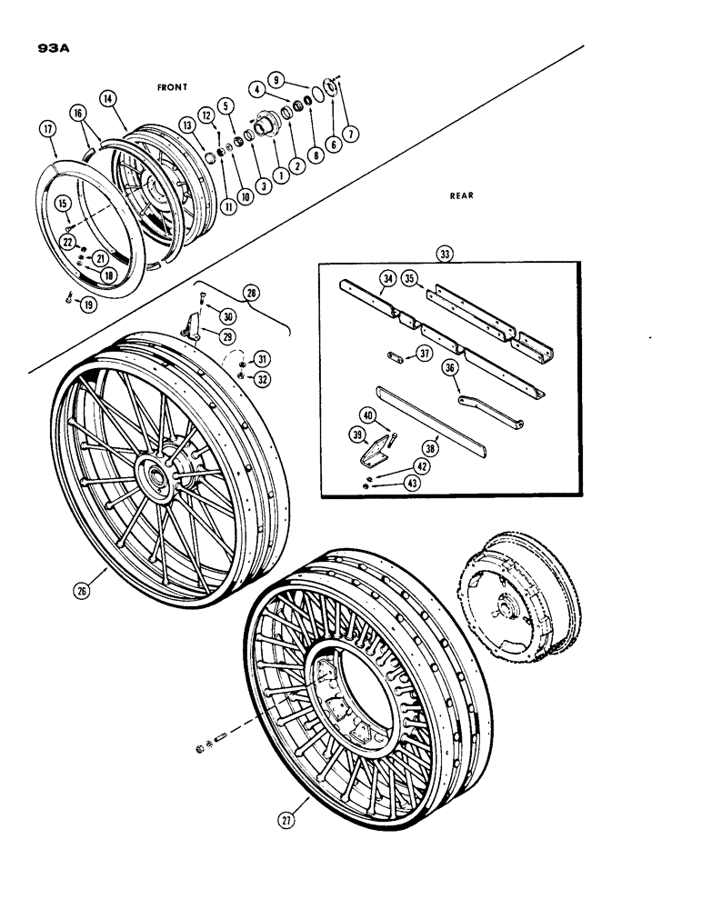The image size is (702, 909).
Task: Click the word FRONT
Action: pyautogui.click(x=172, y=86)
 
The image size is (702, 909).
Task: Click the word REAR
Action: pyautogui.click(x=463, y=195)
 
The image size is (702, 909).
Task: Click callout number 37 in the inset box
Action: pyautogui.click(x=425, y=354)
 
